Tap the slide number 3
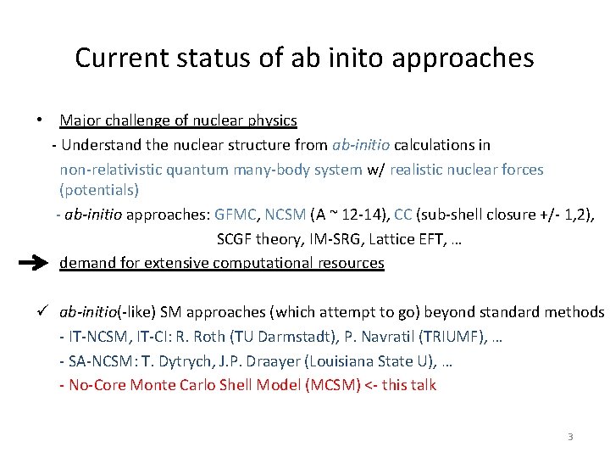(x=570, y=437)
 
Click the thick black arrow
(x=34, y=264)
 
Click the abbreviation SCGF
(x=235, y=239)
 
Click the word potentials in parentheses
(x=99, y=189)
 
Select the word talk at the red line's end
(x=422, y=385)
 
